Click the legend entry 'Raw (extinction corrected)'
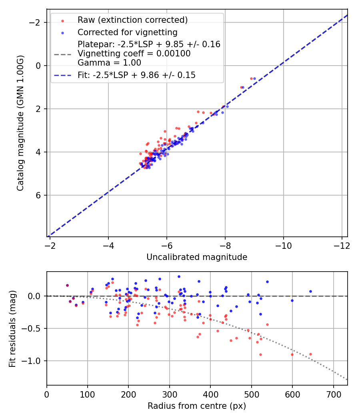(x=132, y=20)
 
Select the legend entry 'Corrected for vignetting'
(x=127, y=32)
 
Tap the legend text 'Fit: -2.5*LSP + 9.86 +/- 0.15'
(x=136, y=75)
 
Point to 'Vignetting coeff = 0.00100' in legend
(x=134, y=54)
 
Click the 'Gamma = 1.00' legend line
(x=109, y=63)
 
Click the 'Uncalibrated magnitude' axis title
(x=197, y=257)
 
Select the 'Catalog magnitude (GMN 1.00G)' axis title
(x=20, y=123)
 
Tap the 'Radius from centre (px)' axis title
(x=197, y=406)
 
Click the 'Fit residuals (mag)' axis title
(x=12, y=329)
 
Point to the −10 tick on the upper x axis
(x=283, y=244)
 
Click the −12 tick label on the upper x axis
(x=342, y=244)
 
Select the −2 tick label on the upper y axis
(x=36, y=22)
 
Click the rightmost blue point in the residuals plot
(x=310, y=292)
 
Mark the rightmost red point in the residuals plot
(x=310, y=354)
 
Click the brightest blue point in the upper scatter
(x=254, y=78)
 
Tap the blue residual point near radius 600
(x=292, y=300)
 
